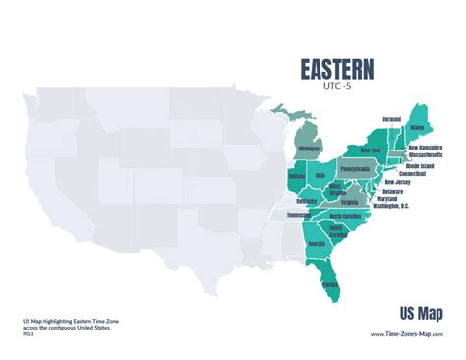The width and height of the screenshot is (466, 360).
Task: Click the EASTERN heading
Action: pyautogui.click(x=336, y=69)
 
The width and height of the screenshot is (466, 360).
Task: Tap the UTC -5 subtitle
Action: pyautogui.click(x=336, y=87)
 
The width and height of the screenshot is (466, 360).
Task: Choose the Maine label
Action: pyautogui.click(x=418, y=127)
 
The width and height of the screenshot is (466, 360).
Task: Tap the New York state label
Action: pyautogui.click(x=371, y=150)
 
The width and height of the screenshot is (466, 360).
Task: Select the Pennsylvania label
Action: pyautogui.click(x=355, y=169)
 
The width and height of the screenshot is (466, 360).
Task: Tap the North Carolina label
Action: pyautogui.click(x=345, y=216)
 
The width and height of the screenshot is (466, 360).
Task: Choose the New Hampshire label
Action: pyautogui.click(x=426, y=147)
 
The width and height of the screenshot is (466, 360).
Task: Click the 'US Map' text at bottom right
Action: pyautogui.click(x=421, y=313)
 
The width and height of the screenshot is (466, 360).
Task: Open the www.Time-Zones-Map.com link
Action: pyautogui.click(x=405, y=333)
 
